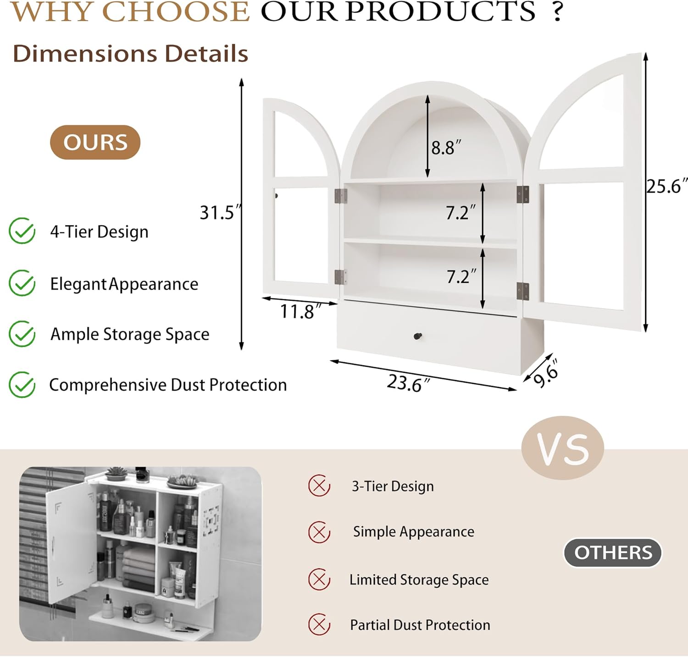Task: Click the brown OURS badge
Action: tap(95, 142)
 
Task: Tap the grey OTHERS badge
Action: tap(613, 552)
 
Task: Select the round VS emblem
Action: tap(563, 448)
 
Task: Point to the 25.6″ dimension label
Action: tap(667, 186)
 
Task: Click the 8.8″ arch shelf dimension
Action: tap(446, 148)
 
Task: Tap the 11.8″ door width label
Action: tap(300, 312)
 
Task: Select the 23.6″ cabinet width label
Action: tap(408, 383)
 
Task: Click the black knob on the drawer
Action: tap(418, 337)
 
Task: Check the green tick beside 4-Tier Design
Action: tap(22, 231)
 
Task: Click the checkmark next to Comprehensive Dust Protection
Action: tap(22, 384)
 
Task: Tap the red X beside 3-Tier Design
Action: tap(319, 486)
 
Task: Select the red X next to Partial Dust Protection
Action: tap(319, 624)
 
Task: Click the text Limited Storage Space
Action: tap(419, 580)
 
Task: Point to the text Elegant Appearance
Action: tap(124, 284)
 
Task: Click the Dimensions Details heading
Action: tap(130, 54)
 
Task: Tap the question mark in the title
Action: tap(557, 11)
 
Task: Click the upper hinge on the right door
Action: tap(522, 194)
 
